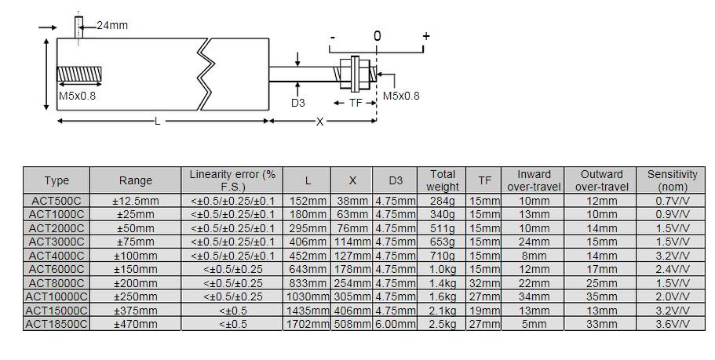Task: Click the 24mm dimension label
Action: click(x=112, y=25)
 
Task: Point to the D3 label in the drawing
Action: click(x=298, y=103)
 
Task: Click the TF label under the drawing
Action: click(x=356, y=103)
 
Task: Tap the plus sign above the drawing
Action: click(x=426, y=36)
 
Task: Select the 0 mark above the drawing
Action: click(x=378, y=36)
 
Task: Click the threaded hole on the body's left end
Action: click(x=80, y=75)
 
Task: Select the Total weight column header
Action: click(x=442, y=180)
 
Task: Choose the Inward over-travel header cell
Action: click(x=534, y=180)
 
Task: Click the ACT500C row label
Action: click(x=56, y=201)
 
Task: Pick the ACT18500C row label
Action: click(x=56, y=323)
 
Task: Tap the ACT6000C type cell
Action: click(x=56, y=269)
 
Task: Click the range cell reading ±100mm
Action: click(x=136, y=255)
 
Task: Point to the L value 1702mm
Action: click(x=307, y=323)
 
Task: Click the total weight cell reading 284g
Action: click(x=442, y=201)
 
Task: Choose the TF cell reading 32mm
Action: click(x=484, y=282)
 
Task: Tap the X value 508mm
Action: click(x=352, y=323)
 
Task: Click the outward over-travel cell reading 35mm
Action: click(x=602, y=296)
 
